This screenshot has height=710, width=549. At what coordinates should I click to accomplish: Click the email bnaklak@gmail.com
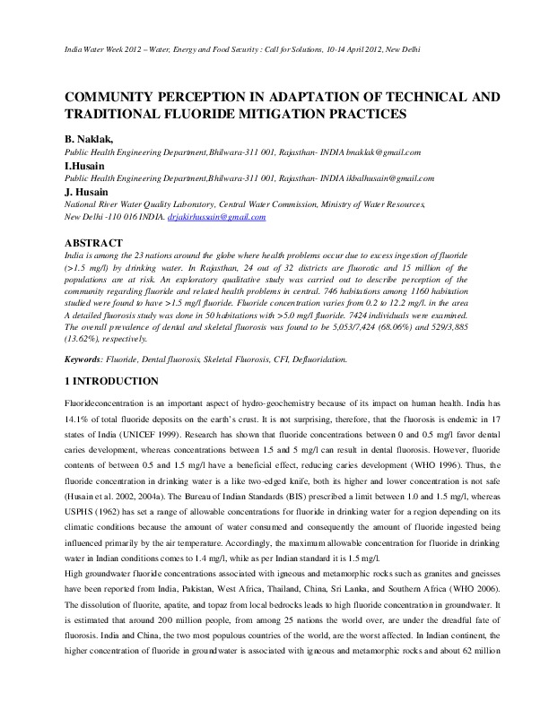(x=364, y=153)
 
